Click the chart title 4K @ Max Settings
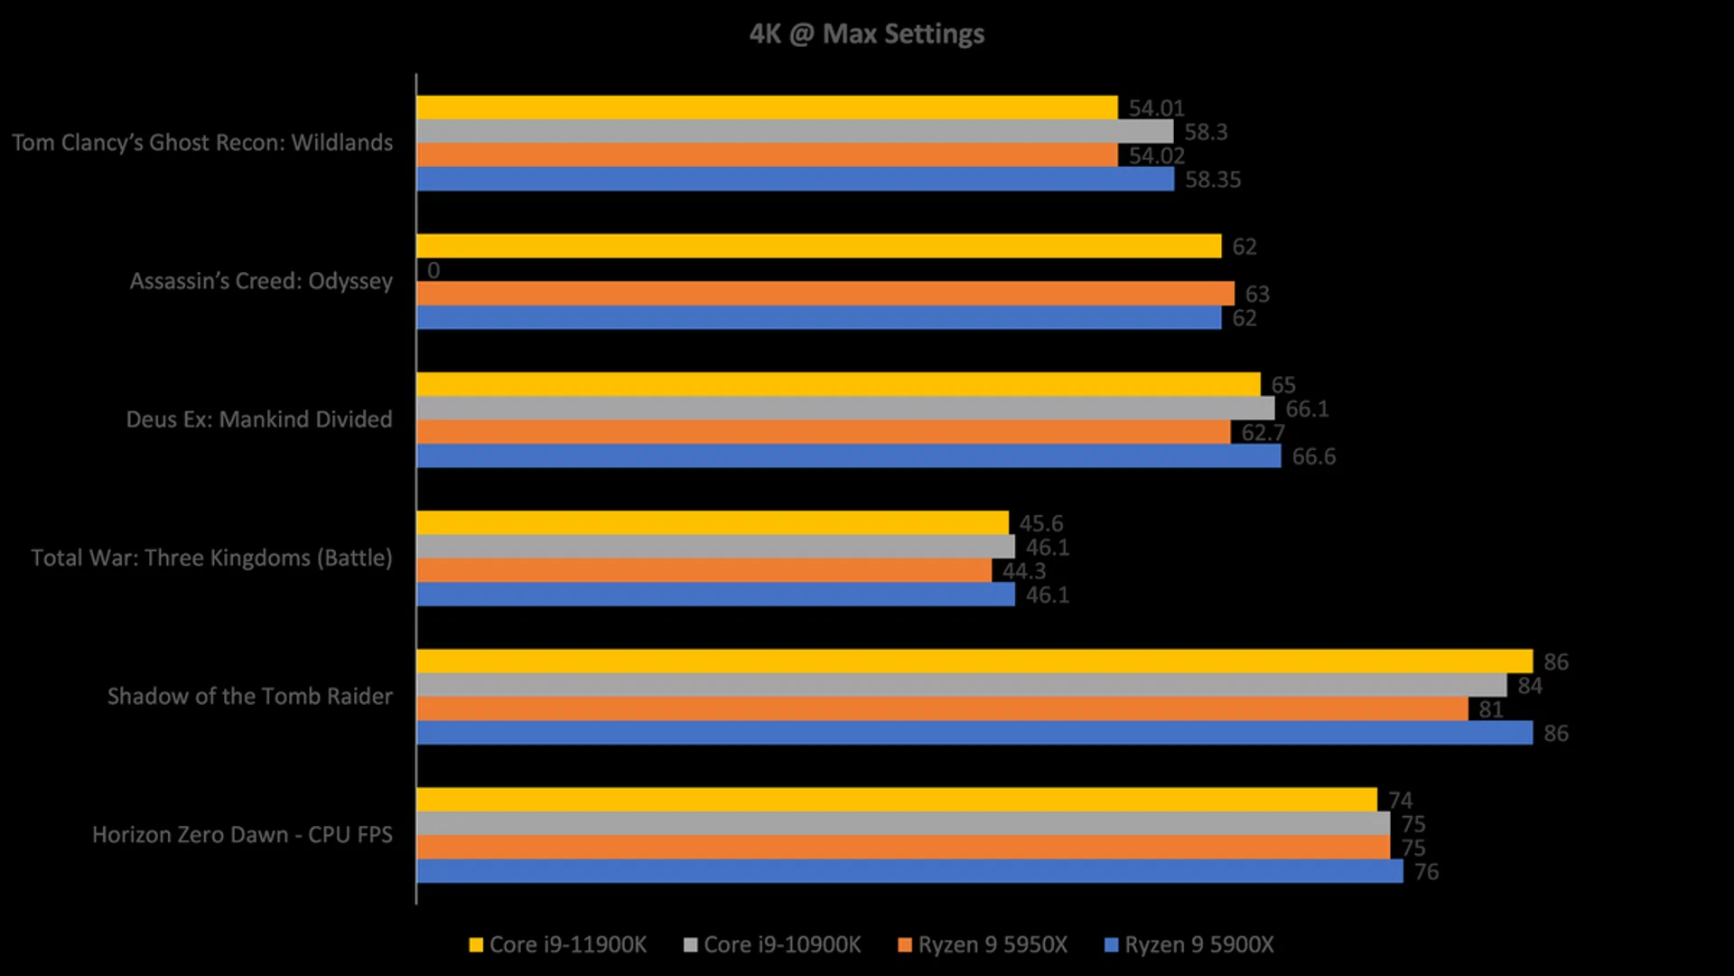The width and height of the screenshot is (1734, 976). click(866, 34)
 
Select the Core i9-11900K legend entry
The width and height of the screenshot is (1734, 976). click(558, 945)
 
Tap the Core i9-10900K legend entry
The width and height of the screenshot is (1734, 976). click(773, 945)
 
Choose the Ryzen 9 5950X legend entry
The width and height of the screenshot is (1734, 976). click(983, 945)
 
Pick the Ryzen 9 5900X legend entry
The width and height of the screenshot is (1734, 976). click(1189, 945)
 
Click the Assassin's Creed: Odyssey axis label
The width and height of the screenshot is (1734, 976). click(261, 281)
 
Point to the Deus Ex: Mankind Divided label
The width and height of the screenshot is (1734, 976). click(259, 419)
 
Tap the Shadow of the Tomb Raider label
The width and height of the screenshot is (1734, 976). click(250, 697)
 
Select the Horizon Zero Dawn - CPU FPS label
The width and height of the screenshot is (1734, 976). click(242, 835)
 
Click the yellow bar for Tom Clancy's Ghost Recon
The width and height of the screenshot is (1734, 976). click(767, 108)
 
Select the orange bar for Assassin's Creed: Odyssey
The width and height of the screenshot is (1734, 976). click(825, 294)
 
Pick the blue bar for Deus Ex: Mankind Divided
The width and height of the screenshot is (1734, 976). click(848, 456)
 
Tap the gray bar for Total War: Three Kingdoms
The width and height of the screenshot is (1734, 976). click(715, 547)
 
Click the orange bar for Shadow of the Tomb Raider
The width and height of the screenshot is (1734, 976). click(942, 709)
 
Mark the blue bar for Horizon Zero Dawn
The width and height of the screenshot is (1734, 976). click(909, 871)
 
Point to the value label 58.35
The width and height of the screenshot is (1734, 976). click(1213, 180)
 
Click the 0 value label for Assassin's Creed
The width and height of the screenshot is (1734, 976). click(433, 270)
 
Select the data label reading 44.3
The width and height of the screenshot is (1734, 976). click(1024, 571)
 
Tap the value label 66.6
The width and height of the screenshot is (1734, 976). click(1313, 457)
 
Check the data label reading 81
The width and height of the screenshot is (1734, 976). click(1491, 710)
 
